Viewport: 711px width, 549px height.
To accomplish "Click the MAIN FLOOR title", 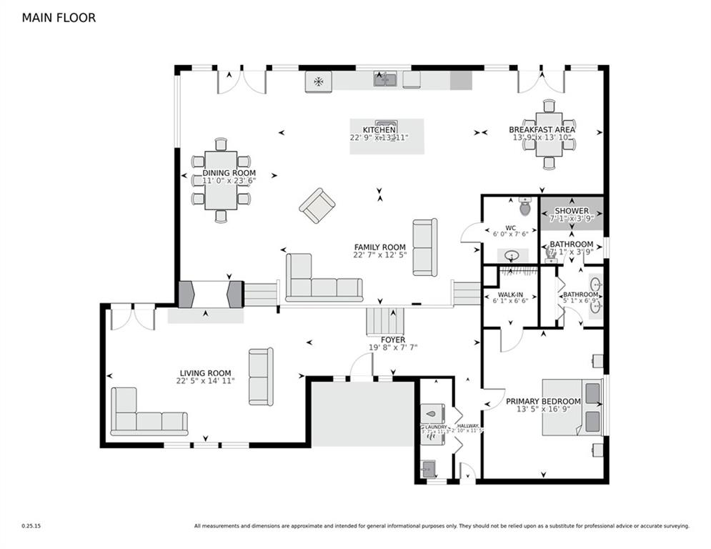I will pos(59,18).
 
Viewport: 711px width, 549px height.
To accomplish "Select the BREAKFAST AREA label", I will pos(542,130).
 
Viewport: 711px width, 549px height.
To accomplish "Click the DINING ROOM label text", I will pos(229,174).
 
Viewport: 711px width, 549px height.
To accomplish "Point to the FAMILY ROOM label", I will pos(379,247).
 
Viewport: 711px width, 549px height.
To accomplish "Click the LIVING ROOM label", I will pos(205,373).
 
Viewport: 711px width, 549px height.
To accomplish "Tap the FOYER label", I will pos(392,340).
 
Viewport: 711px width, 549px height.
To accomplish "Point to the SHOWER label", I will pos(572,212).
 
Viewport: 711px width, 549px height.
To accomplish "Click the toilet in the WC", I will pos(525,207).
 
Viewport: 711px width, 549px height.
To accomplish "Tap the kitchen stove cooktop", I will pos(318,81).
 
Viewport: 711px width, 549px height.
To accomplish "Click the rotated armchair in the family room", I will pos(317,206).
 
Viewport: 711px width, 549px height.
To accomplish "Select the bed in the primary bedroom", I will pos(572,407).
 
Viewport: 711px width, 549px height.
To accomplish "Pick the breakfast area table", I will pos(549,134).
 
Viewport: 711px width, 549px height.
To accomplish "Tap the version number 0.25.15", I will pos(31,526).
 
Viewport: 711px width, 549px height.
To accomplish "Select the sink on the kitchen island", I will pos(387,126).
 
